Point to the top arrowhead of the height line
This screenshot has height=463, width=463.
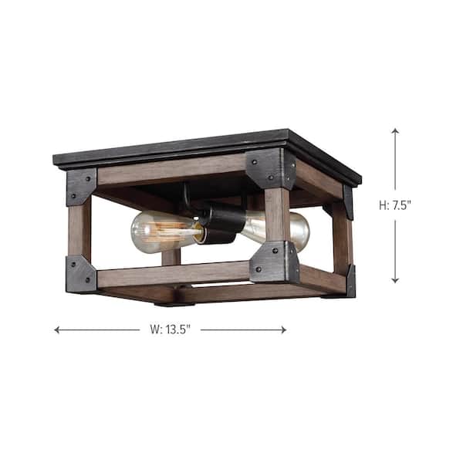(395, 132)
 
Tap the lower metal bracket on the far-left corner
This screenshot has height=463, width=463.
(81, 273)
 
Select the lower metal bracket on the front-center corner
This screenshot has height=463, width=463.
(275, 262)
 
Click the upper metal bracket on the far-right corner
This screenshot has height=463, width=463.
(348, 201)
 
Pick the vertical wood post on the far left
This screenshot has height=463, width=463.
(79, 229)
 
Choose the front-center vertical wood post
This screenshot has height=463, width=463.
(276, 216)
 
